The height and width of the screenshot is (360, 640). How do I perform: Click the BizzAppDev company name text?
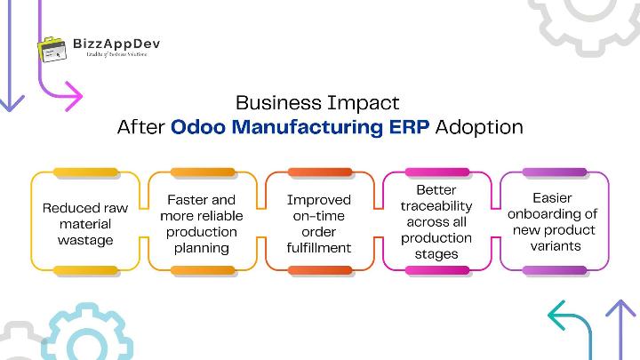(117, 42)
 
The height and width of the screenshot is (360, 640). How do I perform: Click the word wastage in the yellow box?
(85, 240)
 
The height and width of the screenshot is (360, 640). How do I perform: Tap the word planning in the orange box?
(203, 248)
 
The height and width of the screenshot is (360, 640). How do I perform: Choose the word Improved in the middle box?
(319, 199)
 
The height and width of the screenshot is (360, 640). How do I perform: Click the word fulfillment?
(319, 248)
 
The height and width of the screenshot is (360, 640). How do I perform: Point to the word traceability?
(436, 206)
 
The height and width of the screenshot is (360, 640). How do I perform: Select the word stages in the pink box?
(436, 254)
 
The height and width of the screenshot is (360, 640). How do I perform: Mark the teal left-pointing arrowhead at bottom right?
(556, 315)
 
